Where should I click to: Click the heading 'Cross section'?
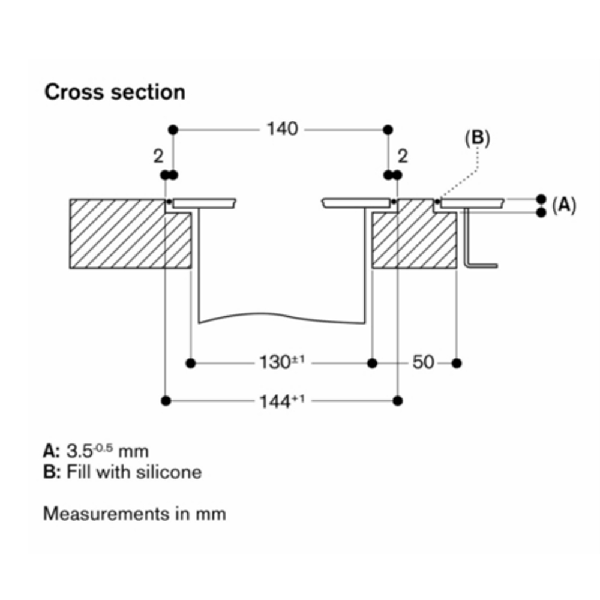[115, 92]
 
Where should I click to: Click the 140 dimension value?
[283, 129]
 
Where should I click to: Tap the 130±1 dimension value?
[282, 362]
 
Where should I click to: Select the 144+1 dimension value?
[282, 401]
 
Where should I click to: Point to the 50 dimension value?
[424, 362]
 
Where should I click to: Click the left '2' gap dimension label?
[158, 156]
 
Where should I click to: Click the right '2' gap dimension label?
[403, 156]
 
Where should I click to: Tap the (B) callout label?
[477, 138]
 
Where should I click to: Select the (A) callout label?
[563, 205]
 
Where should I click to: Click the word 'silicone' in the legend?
[169, 472]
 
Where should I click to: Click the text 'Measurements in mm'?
[134, 514]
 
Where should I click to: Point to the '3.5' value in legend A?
[79, 451]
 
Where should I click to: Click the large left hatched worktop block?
[130, 233]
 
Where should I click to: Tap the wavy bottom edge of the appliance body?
[281, 316]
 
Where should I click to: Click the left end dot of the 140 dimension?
[173, 130]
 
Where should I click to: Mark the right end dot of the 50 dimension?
[457, 363]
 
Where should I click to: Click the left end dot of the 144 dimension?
[166, 401]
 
